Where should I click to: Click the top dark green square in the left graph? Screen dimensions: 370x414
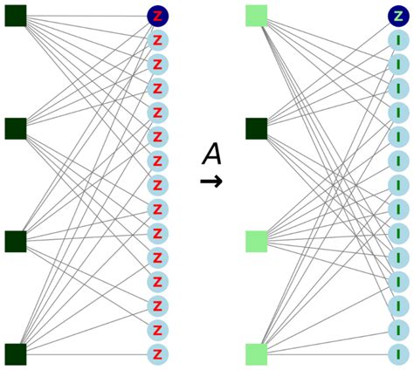[x=16, y=16]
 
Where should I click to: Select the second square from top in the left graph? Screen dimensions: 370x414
[x=16, y=128]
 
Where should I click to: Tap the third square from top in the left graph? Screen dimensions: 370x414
[x=16, y=241]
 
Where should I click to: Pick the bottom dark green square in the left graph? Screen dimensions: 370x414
[x=16, y=353]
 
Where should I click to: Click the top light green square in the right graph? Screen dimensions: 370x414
[x=256, y=16]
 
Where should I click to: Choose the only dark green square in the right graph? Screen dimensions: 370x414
[x=256, y=128]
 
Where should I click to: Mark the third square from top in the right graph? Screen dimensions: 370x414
[x=256, y=241]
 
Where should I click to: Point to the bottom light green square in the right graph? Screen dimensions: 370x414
[x=256, y=353]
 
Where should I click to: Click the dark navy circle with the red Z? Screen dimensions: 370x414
[x=158, y=16]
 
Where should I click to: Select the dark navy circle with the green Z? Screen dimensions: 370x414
[x=398, y=16]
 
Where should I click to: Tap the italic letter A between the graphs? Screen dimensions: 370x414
[x=211, y=154]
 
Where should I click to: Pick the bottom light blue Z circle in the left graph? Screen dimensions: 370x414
[x=158, y=353]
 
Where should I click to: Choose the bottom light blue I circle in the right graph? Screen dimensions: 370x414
[x=398, y=353]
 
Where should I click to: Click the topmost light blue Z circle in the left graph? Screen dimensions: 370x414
[x=158, y=40]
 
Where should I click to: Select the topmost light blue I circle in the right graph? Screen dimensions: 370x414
[x=398, y=40]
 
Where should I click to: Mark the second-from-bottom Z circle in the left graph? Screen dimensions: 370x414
[x=158, y=330]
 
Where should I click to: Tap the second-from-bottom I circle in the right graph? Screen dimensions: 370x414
[x=398, y=330]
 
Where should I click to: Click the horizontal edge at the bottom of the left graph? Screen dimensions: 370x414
[x=87, y=353]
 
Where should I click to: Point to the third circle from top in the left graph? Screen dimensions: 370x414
[x=158, y=64]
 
